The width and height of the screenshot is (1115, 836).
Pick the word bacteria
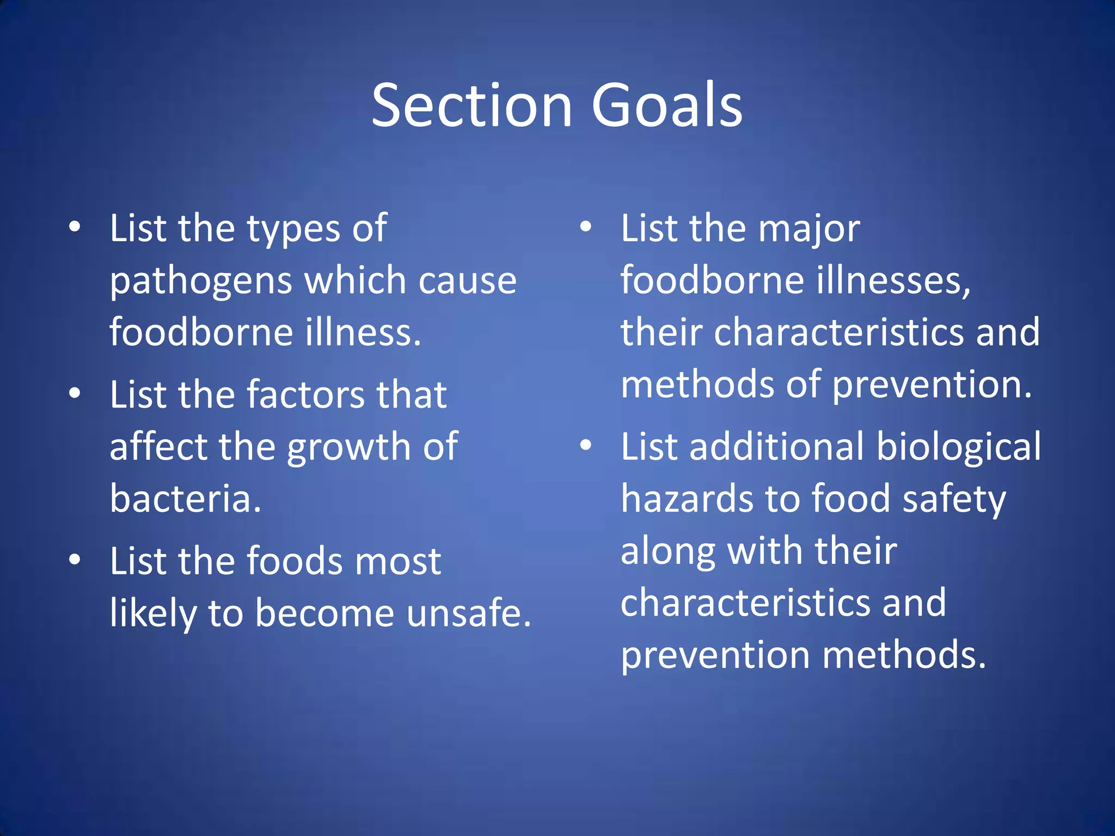[x=185, y=498]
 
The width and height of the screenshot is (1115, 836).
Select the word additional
[x=776, y=446]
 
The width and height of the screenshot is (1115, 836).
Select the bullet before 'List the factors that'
[x=75, y=393]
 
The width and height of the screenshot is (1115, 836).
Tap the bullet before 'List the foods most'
[x=75, y=559]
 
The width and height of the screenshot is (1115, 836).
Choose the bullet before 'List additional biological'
[x=586, y=445]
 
